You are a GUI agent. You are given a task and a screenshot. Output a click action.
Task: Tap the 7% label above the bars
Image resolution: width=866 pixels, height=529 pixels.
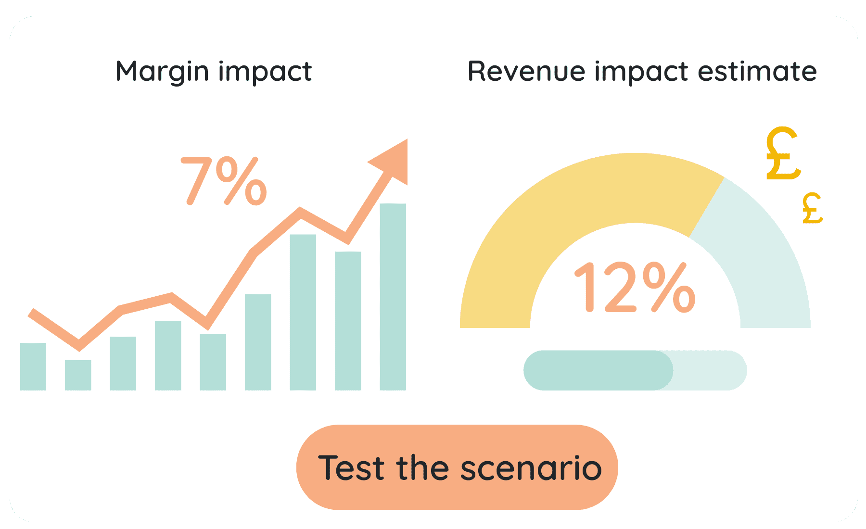pos(224,182)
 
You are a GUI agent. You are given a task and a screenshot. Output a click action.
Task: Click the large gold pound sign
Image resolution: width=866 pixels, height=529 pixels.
pos(783,154)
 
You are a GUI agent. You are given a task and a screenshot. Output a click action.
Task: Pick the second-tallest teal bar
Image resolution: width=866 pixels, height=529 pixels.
pos(303,312)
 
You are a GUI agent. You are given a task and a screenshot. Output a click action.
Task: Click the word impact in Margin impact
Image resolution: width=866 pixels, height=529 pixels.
pos(265,72)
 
